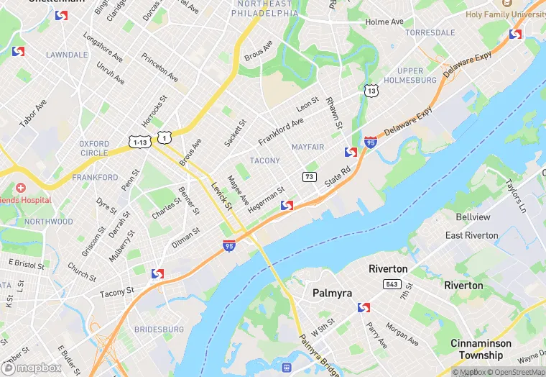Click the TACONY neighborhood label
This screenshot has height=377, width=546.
(264, 160)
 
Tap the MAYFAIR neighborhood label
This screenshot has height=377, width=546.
(307, 147)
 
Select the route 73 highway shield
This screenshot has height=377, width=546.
(310, 177)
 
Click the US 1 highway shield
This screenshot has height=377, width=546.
(166, 137)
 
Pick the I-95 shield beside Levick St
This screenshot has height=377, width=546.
(228, 247)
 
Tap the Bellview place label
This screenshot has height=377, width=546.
(473, 217)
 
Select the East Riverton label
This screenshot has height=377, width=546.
(471, 235)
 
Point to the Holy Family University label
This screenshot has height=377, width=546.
(506, 14)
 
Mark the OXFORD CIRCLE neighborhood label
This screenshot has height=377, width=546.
(94, 148)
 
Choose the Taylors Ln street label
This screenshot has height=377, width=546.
(516, 194)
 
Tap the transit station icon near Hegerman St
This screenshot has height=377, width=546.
(287, 206)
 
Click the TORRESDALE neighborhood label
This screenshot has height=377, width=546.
(430, 33)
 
